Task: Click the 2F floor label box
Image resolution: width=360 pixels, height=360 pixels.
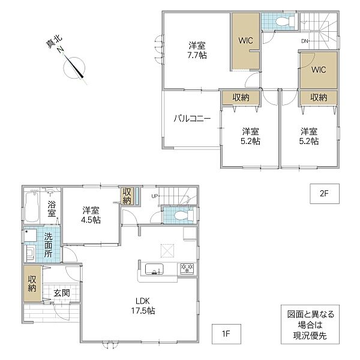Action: click(x=325, y=194)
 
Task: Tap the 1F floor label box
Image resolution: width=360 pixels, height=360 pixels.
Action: click(x=226, y=334)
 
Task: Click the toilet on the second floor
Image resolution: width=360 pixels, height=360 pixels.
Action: click(x=284, y=22)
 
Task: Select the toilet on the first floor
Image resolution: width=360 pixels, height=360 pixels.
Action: click(x=184, y=215)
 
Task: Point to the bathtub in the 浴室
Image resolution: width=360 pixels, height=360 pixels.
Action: click(x=31, y=207)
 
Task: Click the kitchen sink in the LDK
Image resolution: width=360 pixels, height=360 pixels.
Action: click(x=155, y=269)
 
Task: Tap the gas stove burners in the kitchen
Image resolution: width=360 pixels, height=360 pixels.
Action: click(x=187, y=268)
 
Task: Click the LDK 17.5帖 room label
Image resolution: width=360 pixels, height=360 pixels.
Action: click(x=143, y=305)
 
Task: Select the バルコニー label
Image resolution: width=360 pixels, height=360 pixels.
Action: click(x=192, y=118)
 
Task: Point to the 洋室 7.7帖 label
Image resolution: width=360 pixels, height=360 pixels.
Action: click(x=197, y=50)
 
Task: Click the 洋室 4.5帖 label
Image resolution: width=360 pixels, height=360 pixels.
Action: click(x=91, y=215)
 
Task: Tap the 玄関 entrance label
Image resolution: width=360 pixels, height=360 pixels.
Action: click(x=62, y=293)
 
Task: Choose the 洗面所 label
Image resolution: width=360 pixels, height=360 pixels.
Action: click(x=48, y=245)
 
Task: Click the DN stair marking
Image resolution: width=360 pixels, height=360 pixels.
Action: click(x=305, y=41)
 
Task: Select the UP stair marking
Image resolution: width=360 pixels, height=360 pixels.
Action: click(x=154, y=196)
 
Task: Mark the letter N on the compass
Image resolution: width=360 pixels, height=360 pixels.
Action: click(x=61, y=49)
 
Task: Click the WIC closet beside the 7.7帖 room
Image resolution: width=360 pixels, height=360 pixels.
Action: click(x=245, y=41)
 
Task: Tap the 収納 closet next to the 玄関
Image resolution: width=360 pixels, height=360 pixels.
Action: click(x=32, y=284)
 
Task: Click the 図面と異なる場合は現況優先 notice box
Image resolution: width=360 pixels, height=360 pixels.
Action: click(x=310, y=325)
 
